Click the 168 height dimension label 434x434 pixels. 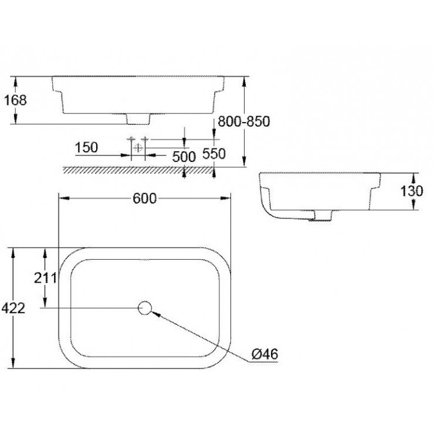15,100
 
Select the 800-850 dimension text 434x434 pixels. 243,121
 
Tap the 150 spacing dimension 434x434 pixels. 87,147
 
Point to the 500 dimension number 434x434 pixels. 184,157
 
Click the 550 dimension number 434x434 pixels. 214,154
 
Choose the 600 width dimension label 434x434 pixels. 145,198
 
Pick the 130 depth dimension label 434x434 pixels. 412,191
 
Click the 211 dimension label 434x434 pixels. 45,277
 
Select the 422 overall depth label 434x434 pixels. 13,308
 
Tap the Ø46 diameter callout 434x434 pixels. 265,354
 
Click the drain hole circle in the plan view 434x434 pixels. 145,308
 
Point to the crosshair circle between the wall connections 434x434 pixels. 138,148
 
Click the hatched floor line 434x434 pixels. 138,170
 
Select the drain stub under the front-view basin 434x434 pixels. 138,118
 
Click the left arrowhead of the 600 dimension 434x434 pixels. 65,198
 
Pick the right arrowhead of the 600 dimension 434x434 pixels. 225,198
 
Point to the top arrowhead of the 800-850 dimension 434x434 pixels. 244,82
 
